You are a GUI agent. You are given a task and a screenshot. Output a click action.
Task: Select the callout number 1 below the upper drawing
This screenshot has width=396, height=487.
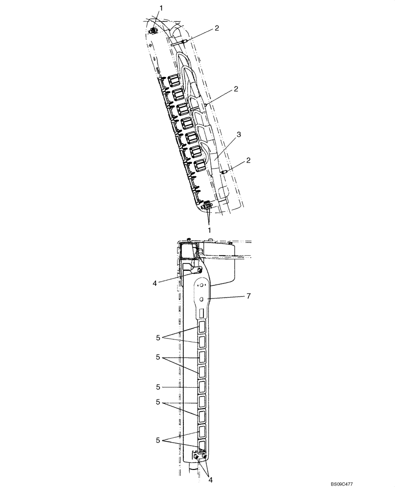(210, 229)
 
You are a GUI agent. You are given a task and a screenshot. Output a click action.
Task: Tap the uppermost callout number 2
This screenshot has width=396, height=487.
(217, 28)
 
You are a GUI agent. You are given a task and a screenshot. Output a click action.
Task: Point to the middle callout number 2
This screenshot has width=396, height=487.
(236, 89)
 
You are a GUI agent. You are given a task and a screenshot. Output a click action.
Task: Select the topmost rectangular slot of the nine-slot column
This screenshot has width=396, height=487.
(201, 326)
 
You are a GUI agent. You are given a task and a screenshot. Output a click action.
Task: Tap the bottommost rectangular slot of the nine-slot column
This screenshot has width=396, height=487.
(201, 444)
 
